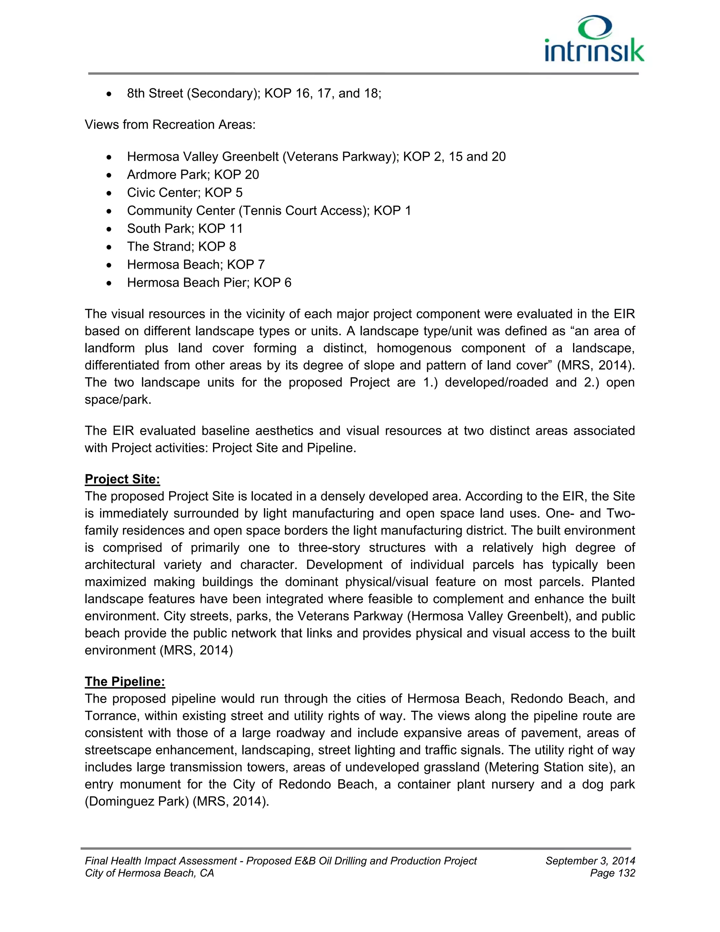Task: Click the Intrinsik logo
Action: click(x=594, y=39)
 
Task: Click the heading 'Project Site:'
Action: click(x=122, y=479)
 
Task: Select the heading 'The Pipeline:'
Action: click(x=124, y=682)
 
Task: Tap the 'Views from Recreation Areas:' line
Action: click(x=170, y=125)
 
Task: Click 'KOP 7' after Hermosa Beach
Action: click(x=246, y=264)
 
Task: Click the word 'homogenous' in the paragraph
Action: click(x=414, y=348)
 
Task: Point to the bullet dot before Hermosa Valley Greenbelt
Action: click(x=110, y=158)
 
